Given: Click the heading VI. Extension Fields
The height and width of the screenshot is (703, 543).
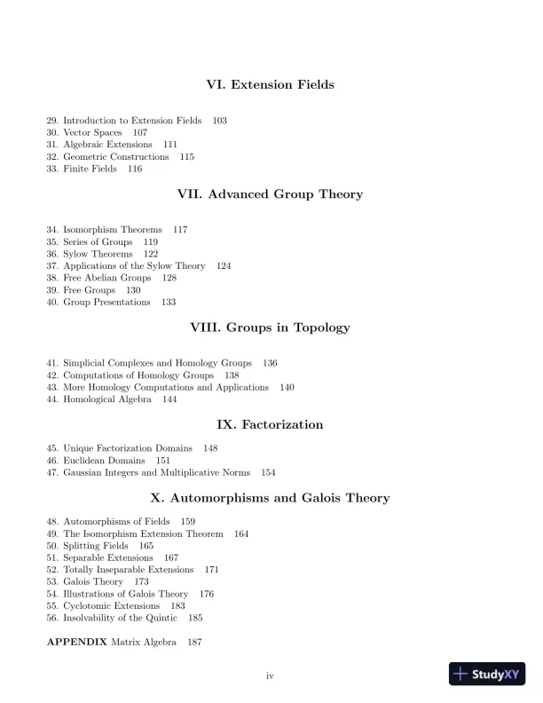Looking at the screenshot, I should click(x=270, y=85).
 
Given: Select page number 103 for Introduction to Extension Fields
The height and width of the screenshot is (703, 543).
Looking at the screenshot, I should click(x=219, y=120).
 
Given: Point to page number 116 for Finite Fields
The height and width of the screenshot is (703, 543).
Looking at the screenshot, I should click(x=134, y=169).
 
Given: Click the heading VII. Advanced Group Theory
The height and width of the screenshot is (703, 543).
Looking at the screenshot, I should click(x=271, y=194).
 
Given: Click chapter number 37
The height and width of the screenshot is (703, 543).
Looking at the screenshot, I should click(x=52, y=265).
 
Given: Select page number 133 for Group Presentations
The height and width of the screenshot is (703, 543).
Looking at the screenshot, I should click(x=168, y=302).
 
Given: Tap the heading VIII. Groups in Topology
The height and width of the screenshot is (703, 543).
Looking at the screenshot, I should click(x=271, y=328).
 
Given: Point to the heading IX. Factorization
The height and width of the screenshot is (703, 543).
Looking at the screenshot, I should click(x=271, y=425).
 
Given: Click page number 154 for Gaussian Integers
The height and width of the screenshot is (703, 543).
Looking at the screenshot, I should click(x=268, y=472).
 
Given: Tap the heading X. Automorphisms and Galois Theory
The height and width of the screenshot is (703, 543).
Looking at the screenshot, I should click(x=271, y=498).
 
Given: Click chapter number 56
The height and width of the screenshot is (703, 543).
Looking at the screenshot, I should click(x=52, y=618).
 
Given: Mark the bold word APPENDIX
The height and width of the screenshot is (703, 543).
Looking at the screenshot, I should click(x=76, y=641).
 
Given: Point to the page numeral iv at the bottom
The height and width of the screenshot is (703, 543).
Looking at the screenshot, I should click(x=271, y=676).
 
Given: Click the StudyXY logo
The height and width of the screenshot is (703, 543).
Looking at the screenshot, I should click(x=487, y=674).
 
